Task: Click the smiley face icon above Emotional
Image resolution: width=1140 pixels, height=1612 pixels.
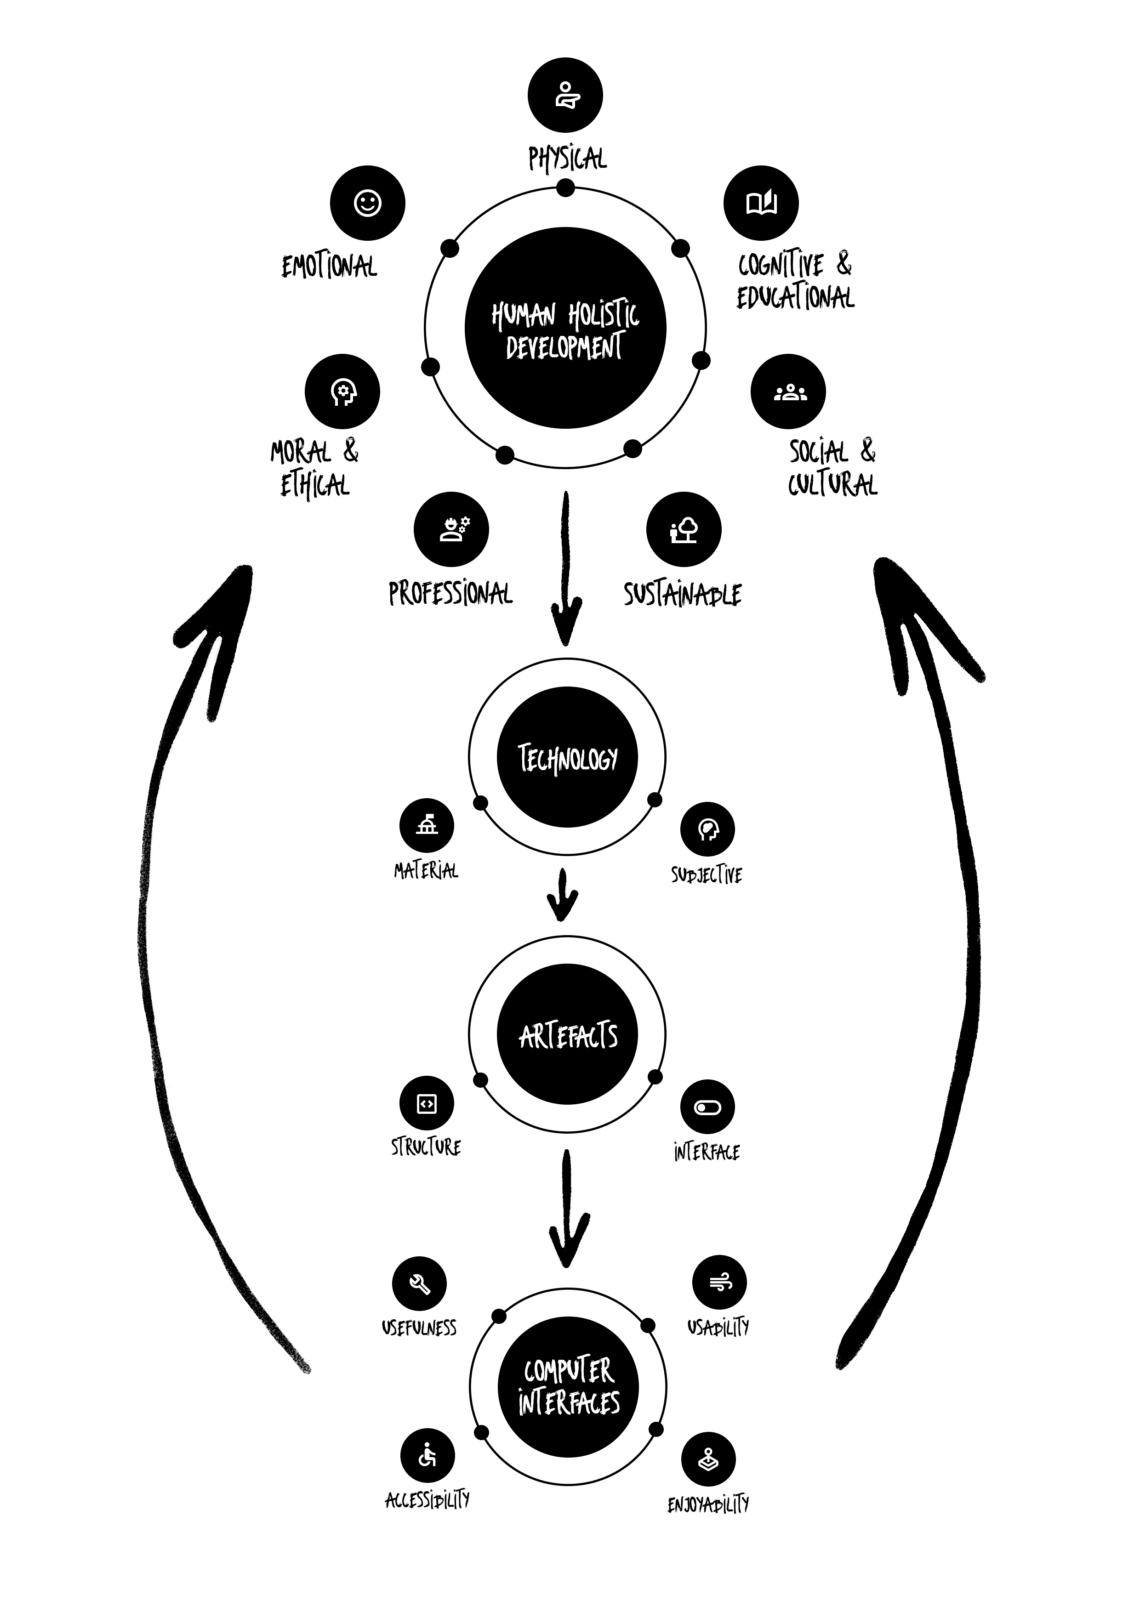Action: pos(367,203)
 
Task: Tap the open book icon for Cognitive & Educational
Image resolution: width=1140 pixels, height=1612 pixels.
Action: pos(761,203)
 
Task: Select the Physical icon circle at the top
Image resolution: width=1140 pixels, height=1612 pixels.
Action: pos(565,95)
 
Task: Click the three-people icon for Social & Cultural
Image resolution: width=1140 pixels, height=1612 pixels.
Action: pos(788,392)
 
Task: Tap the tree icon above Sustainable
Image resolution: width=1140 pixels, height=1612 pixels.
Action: pos(684,528)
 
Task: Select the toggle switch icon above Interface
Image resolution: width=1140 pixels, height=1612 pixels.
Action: pos(707,1107)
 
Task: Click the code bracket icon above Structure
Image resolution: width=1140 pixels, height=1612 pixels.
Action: pos(427,1104)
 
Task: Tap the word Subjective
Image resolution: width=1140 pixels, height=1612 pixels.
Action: pos(706,875)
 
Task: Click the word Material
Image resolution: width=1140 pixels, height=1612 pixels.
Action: pos(426,871)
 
